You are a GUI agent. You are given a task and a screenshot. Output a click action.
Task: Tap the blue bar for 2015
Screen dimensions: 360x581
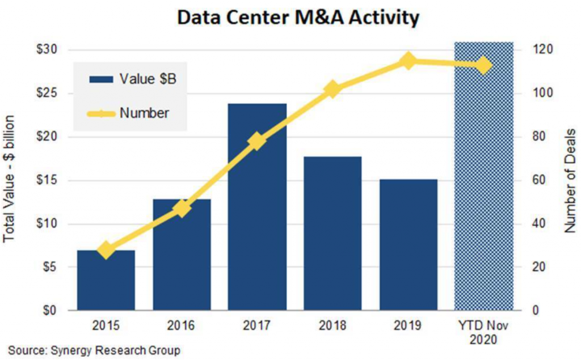click(106, 281)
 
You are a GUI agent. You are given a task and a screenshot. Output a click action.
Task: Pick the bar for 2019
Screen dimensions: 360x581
click(409, 245)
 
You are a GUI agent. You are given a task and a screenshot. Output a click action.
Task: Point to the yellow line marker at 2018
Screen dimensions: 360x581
click(333, 89)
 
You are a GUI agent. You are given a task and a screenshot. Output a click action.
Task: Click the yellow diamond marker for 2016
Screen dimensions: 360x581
click(182, 208)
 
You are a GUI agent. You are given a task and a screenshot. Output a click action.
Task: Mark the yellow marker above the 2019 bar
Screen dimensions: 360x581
click(408, 61)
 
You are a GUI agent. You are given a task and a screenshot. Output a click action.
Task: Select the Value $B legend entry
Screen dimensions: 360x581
click(132, 79)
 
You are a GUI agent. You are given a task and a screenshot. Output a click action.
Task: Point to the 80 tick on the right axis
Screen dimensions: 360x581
click(536, 137)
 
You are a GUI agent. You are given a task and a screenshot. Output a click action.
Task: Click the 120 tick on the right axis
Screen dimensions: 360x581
click(538, 50)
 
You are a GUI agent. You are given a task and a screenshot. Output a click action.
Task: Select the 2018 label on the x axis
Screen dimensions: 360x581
click(333, 326)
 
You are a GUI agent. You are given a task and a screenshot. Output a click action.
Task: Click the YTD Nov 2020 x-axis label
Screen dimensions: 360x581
click(484, 333)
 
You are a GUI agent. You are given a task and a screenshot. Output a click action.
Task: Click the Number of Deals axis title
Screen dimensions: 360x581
click(571, 180)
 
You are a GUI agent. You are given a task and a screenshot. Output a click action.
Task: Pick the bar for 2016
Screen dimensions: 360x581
click(182, 255)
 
